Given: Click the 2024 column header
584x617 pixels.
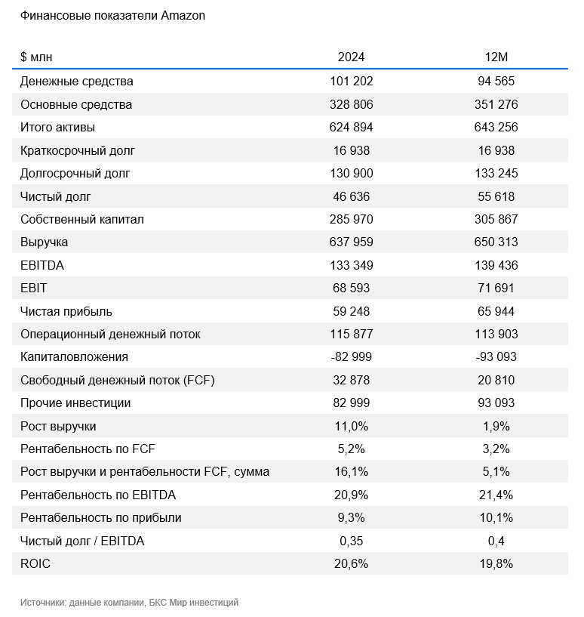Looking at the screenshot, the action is (351, 57).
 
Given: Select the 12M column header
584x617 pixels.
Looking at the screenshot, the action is (496, 57).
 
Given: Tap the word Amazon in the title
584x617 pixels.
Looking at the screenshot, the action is (183, 16).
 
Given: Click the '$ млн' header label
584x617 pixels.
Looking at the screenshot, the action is (36, 57).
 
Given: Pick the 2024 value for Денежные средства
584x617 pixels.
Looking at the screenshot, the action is (351, 81).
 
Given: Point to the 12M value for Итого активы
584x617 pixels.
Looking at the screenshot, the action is (496, 127).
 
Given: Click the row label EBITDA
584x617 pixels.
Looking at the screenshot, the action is (42, 265).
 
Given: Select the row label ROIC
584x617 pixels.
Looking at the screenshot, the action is (35, 563).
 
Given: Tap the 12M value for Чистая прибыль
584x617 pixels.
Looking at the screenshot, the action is (496, 311).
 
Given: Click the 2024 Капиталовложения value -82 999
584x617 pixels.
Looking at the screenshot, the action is (351, 357).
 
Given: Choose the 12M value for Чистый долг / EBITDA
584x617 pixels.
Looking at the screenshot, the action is (496, 541).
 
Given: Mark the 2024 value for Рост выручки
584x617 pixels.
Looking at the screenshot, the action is (351, 426).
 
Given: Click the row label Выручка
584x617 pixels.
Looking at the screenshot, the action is (44, 242).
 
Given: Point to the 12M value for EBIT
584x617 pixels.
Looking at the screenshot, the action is (496, 288).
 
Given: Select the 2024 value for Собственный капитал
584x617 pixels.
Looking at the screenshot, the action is (351, 219).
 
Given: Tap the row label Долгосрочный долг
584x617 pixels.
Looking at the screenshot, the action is (75, 174).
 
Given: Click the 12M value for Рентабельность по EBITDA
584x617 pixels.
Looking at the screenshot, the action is (496, 495).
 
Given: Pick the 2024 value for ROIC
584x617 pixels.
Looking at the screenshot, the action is (351, 564).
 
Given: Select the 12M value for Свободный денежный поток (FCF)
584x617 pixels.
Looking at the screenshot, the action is (496, 380).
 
